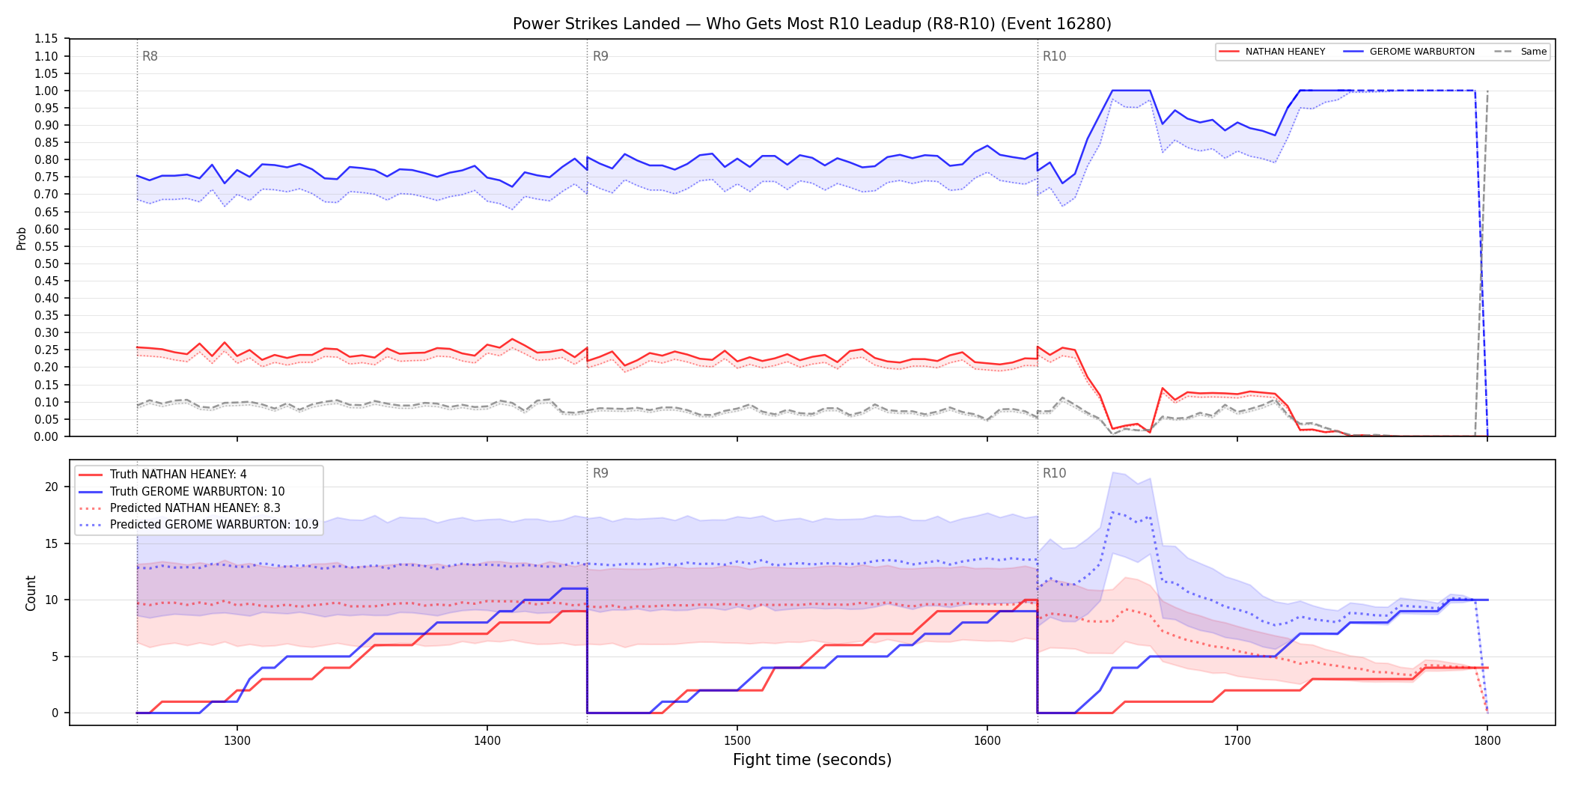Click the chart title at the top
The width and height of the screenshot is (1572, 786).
[x=812, y=24]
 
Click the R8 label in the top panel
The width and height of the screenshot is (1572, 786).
[x=150, y=56]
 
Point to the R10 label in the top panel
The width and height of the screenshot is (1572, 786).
[x=1054, y=56]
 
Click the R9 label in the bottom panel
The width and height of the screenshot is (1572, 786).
[x=600, y=473]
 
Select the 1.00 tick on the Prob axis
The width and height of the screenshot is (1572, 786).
[x=46, y=91]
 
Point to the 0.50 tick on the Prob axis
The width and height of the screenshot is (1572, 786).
[x=46, y=263]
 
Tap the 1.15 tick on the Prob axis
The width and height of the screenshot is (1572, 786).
[x=46, y=39]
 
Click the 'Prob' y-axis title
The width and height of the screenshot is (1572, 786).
[x=22, y=238]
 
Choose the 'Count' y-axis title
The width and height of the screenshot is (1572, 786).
[x=31, y=593]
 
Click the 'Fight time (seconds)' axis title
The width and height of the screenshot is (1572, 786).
[x=812, y=760]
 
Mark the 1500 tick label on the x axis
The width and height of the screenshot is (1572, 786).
[x=737, y=740]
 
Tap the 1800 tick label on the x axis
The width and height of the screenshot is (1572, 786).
[x=1487, y=740]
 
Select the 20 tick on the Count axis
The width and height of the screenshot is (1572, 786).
[x=51, y=487]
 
